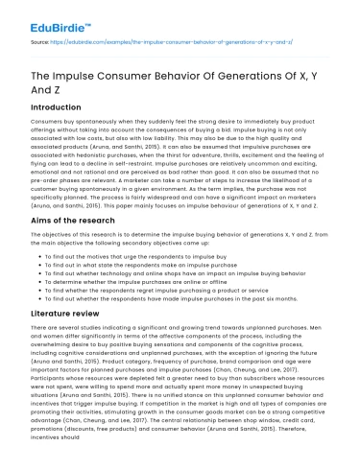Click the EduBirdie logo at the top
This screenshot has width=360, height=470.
[x=49, y=17]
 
